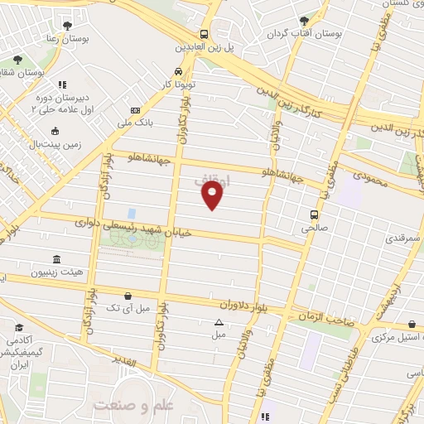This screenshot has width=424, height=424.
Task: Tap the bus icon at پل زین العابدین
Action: [x=204, y=35]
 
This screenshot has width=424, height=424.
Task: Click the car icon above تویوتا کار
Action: [x=178, y=70]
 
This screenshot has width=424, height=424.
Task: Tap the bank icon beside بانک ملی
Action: [x=135, y=111]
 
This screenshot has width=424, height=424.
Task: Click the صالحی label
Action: [x=314, y=225]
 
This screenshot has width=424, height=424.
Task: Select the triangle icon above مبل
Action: [x=219, y=322]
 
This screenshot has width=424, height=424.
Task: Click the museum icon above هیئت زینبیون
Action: [x=56, y=259]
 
